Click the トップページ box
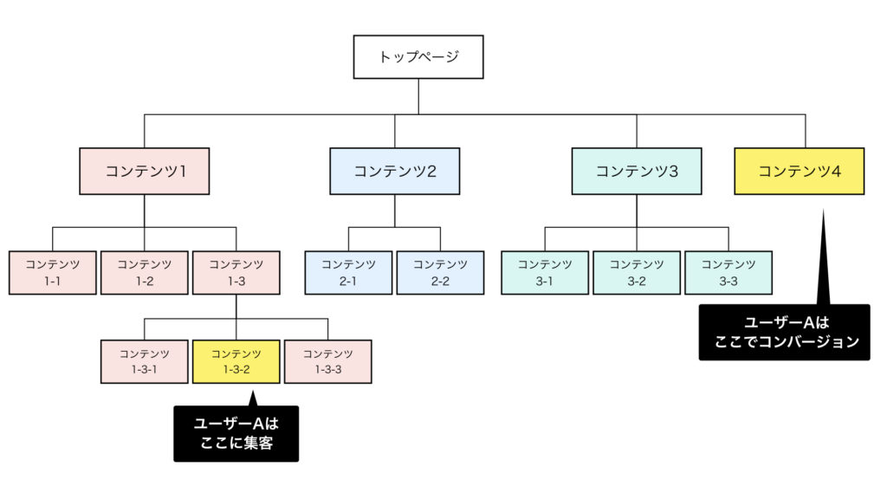click(418, 57)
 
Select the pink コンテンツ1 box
click(145, 171)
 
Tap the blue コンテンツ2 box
click(394, 171)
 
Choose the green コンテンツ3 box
click(637, 171)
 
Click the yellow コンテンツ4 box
click(799, 171)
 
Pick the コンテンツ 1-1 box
click(53, 272)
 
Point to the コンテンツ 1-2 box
click(145, 272)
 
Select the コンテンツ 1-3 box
click(236, 272)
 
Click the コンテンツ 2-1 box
click(348, 272)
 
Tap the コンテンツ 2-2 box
click(440, 272)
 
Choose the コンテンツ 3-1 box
click(545, 272)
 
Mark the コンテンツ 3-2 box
click(637, 272)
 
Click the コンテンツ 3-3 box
click(728, 272)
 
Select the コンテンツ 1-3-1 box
click(145, 361)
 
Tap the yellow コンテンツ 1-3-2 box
click(236, 361)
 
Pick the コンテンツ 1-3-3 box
click(328, 361)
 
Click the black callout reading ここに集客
click(236, 434)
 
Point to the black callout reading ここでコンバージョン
click(784, 332)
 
